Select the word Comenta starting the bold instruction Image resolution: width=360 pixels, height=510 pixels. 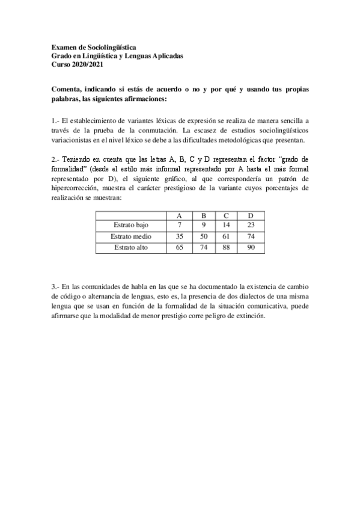point(68,90)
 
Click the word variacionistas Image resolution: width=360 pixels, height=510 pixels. point(77,140)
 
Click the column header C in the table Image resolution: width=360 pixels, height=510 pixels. point(225,215)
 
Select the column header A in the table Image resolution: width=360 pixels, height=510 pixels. point(179,215)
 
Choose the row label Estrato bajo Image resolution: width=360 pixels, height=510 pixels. point(130,226)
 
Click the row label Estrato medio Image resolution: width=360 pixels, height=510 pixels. point(130,236)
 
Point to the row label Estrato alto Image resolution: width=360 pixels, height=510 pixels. point(130,247)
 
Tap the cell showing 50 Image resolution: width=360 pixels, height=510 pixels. point(203,236)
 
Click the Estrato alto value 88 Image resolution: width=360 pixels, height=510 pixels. point(226,247)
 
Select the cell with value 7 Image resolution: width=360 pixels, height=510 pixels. point(179,226)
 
